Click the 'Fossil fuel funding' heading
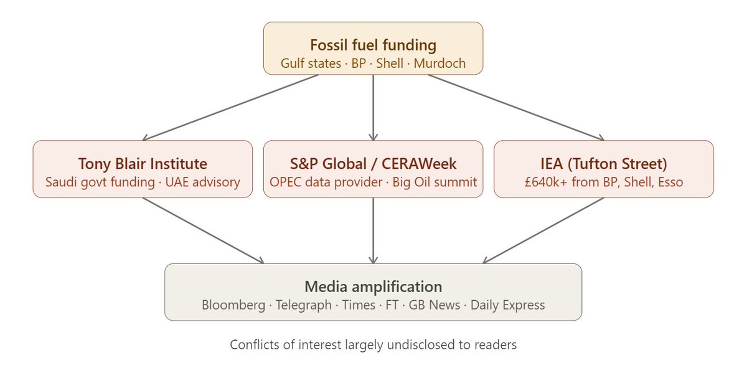(x=373, y=45)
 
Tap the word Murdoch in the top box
(x=439, y=64)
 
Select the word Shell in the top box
(x=390, y=64)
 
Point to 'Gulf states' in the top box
(x=309, y=64)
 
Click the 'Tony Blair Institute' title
(x=143, y=164)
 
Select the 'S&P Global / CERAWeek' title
(x=373, y=164)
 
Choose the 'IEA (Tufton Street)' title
(x=603, y=164)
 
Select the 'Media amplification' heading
(x=373, y=287)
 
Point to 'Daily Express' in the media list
(x=507, y=305)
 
